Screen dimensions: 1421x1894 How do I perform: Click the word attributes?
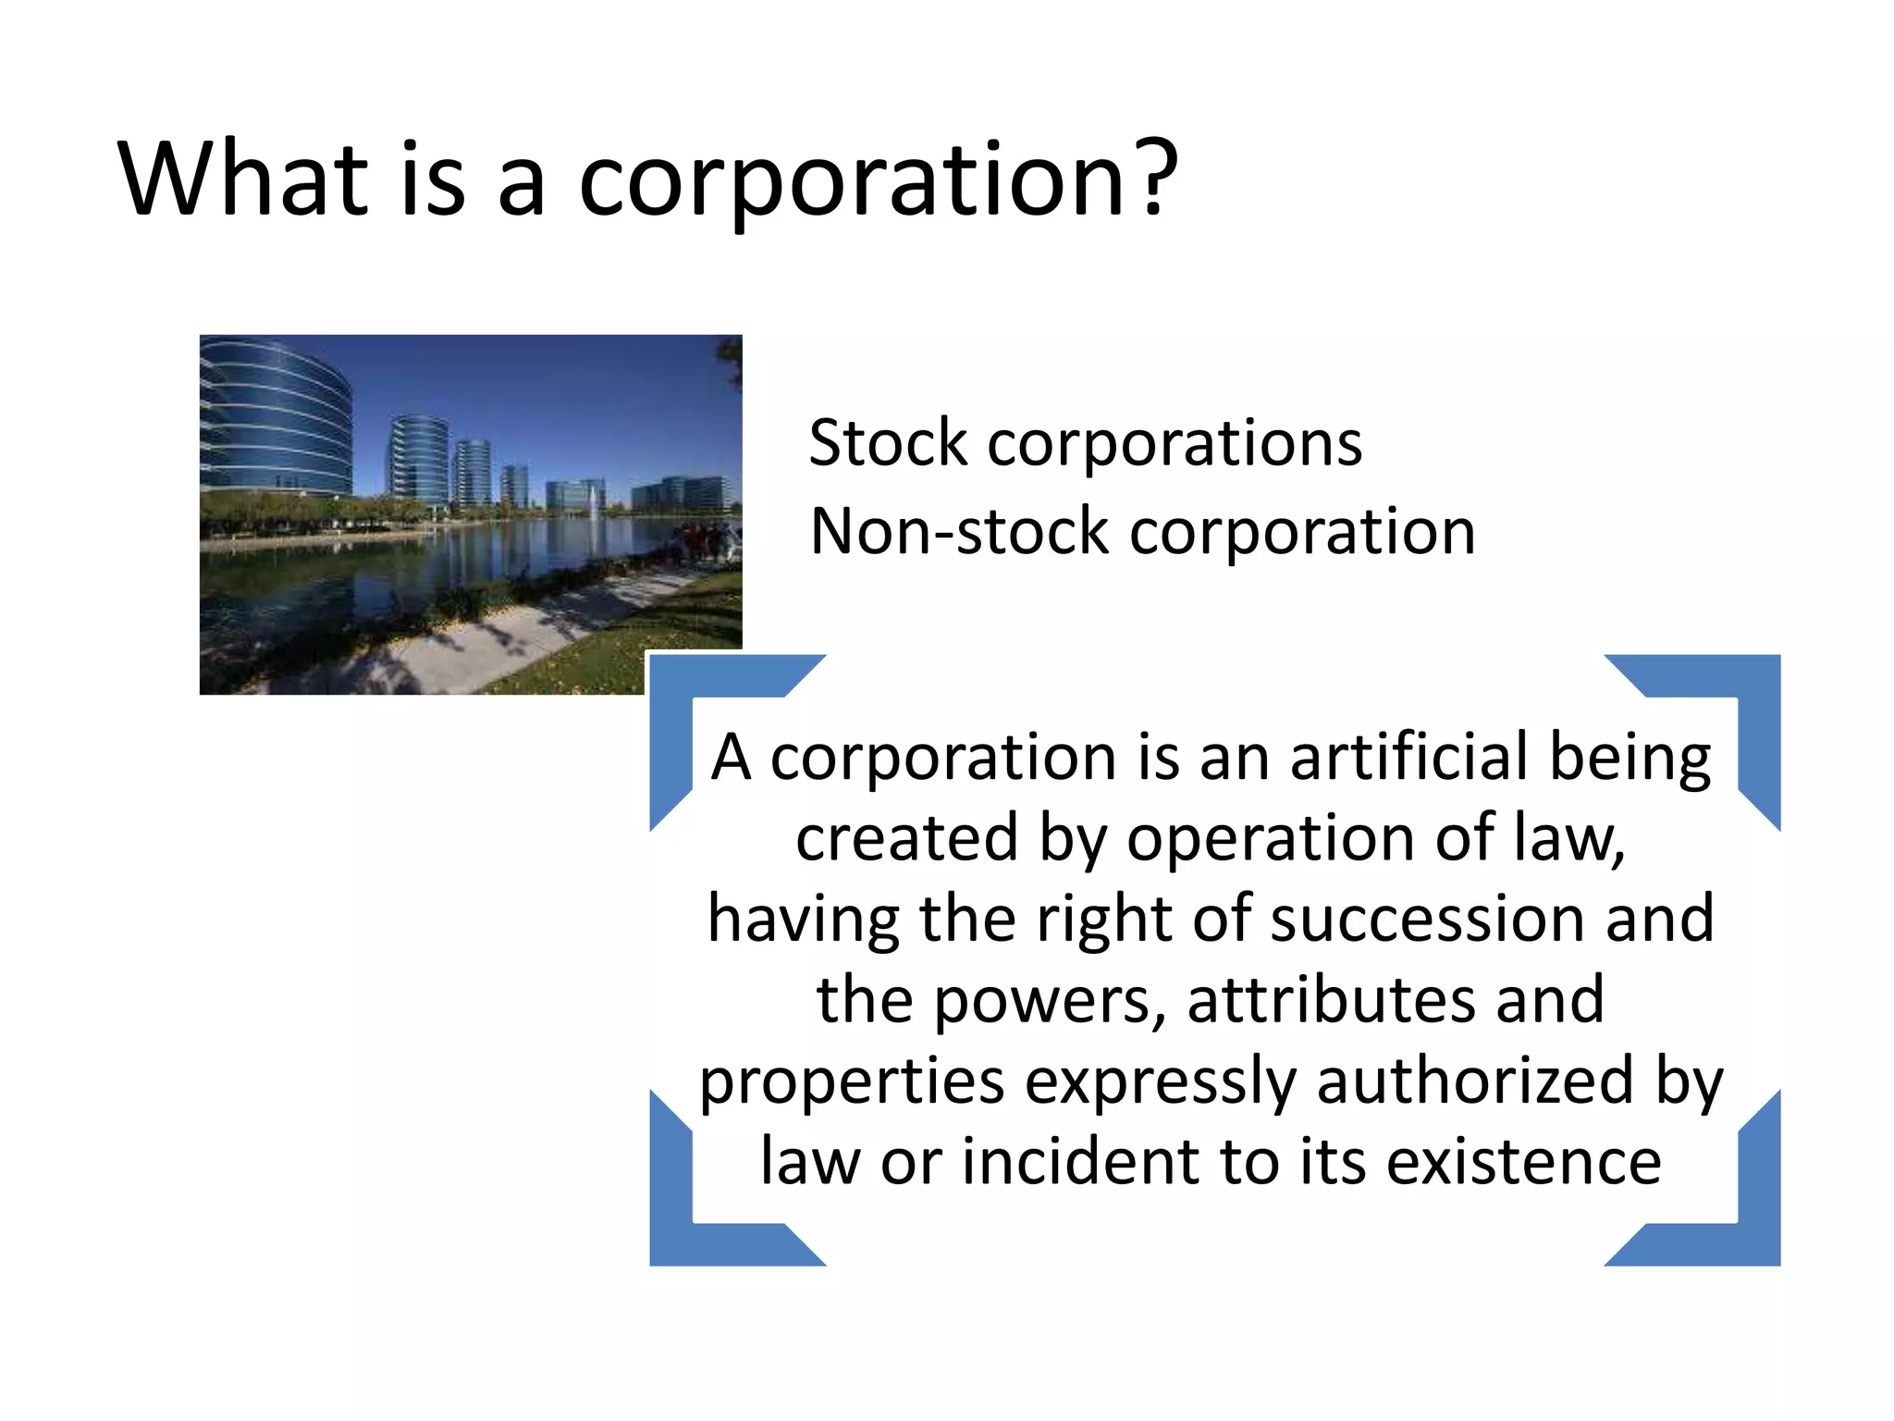click(x=1331, y=1000)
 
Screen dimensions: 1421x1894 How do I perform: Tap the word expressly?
click(x=1160, y=1081)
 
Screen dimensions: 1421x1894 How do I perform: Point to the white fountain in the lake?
click(x=593, y=500)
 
